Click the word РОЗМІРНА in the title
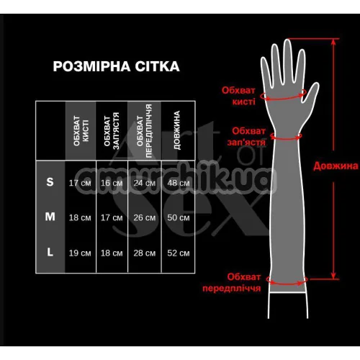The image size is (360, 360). tap(91, 66)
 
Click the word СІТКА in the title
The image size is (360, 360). tap(157, 66)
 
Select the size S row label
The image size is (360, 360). tap(50, 182)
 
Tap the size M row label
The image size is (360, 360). tap(50, 217)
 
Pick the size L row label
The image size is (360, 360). tap(50, 252)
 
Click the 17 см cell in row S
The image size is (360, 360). tap(80, 183)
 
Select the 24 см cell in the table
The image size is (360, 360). tap(145, 183)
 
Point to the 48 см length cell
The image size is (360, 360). tap(179, 183)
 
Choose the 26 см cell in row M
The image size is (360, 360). tap(145, 217)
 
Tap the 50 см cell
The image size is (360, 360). tap(179, 217)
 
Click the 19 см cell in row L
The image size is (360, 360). tap(80, 253)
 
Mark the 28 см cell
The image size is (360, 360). tap(145, 253)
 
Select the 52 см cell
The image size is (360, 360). tap(179, 253)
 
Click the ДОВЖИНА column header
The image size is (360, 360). tap(177, 130)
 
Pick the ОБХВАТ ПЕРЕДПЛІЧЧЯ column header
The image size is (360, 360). tap(145, 131)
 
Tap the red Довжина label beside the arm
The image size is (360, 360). tap(336, 166)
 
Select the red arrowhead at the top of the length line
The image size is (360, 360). tap(333, 42)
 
